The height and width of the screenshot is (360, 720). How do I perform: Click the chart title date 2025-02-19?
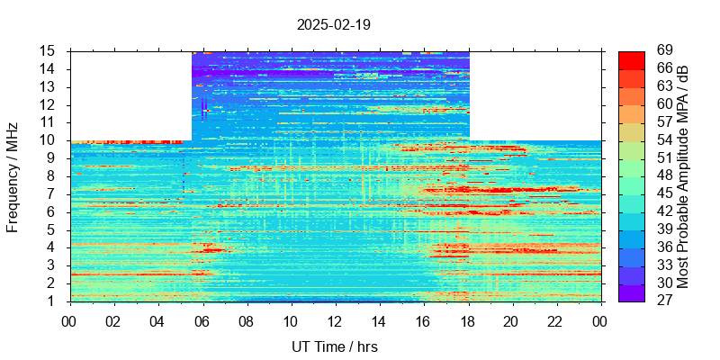coord(334,24)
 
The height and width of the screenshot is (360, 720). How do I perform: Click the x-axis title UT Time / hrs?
coord(334,346)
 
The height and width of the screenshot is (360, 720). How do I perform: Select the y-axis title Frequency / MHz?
coord(13,176)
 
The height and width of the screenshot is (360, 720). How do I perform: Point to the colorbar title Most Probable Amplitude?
coord(683,176)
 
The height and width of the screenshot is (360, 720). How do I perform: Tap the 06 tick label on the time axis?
coord(202,321)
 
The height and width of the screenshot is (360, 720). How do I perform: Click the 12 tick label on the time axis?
coord(335,321)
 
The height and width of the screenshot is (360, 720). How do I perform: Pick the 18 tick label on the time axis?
coord(468,321)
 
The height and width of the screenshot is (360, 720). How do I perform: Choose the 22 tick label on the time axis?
coord(556,321)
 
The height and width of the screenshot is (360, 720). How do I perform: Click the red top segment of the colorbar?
coord(631,59)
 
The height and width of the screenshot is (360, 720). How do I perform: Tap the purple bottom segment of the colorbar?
coord(631,292)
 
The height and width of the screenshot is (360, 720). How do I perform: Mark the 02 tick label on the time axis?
coord(113,321)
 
